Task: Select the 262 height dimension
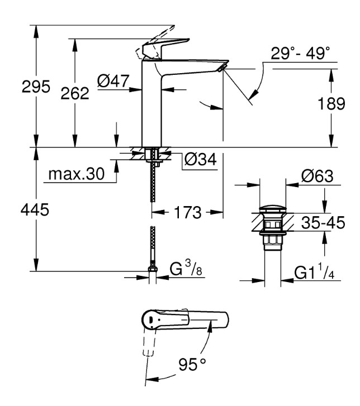tap(74, 93)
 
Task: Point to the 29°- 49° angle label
tap(301, 54)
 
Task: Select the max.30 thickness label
tap(76, 174)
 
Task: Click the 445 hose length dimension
tap(35, 210)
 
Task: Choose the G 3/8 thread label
tap(184, 271)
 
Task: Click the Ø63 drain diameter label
tap(317, 178)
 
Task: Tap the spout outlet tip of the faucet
tap(222, 67)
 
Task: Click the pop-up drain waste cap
tap(273, 211)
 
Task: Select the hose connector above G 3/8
tap(152, 270)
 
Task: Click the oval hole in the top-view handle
tap(150, 321)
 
